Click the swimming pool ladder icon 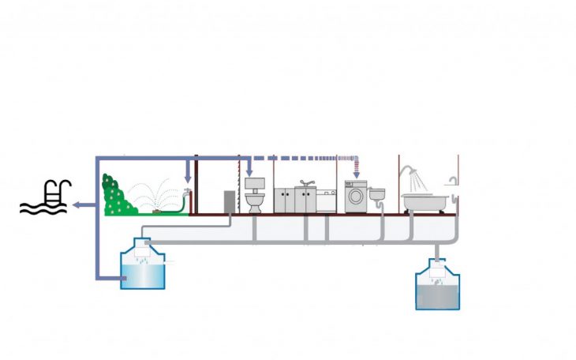pos(53,192)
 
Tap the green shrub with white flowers pos(115,197)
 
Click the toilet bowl pos(254,203)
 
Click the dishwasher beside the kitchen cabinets pos(327,201)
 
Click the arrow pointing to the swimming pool pos(80,205)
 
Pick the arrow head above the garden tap pos(187,178)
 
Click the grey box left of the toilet pos(229,201)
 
